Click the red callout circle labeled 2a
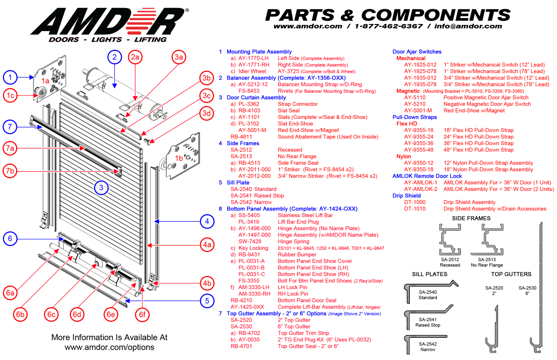tap(135, 57)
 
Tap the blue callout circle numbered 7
tap(10, 127)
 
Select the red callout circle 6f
tap(142, 314)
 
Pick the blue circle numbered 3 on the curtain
tap(101, 188)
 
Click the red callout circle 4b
tap(207, 283)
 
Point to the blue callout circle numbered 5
tap(207, 301)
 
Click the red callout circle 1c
tap(10, 95)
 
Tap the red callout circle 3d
tap(207, 113)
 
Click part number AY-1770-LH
tap(253, 58)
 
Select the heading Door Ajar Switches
tap(417, 52)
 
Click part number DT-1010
tap(415, 209)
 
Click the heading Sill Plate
tap(238, 183)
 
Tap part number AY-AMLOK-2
tap(421, 189)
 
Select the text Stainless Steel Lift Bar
tap(305, 215)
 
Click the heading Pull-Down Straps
tap(415, 117)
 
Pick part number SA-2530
tap(241, 327)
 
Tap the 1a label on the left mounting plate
tap(45, 81)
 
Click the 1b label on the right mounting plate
tap(179, 158)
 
